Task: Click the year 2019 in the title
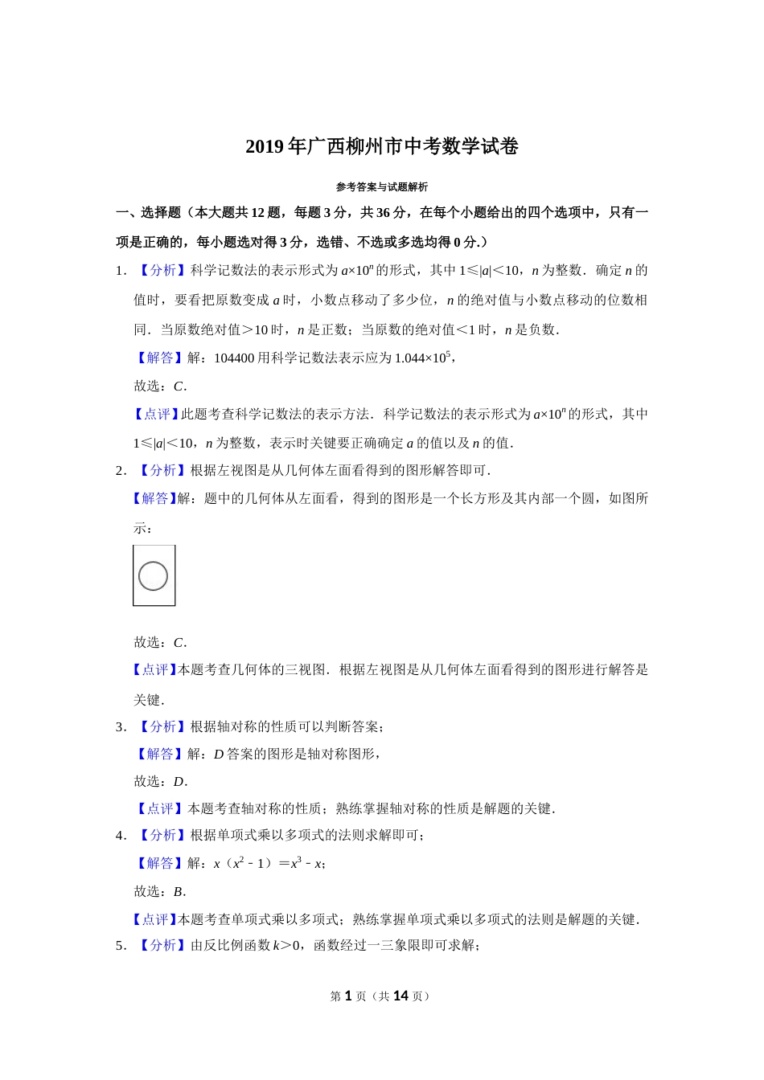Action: click(265, 147)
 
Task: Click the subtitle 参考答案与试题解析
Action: click(381, 187)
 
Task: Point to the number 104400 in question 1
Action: click(234, 358)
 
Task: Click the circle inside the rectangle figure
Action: click(153, 576)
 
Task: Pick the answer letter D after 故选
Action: click(179, 782)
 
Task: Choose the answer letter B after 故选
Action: click(179, 892)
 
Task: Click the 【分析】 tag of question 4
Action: click(162, 836)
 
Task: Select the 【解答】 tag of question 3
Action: click(160, 755)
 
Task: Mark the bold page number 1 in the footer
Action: click(348, 996)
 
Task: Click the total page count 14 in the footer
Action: click(400, 996)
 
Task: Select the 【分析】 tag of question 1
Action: click(162, 271)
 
